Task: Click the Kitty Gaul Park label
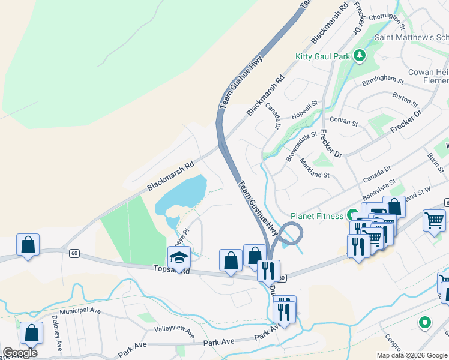322,57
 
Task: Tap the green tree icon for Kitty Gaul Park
360,56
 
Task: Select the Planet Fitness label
317,216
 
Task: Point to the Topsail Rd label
171,271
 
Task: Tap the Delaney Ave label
57,332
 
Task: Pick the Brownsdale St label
301,146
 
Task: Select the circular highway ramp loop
291,233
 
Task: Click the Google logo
20,353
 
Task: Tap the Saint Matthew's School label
412,37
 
